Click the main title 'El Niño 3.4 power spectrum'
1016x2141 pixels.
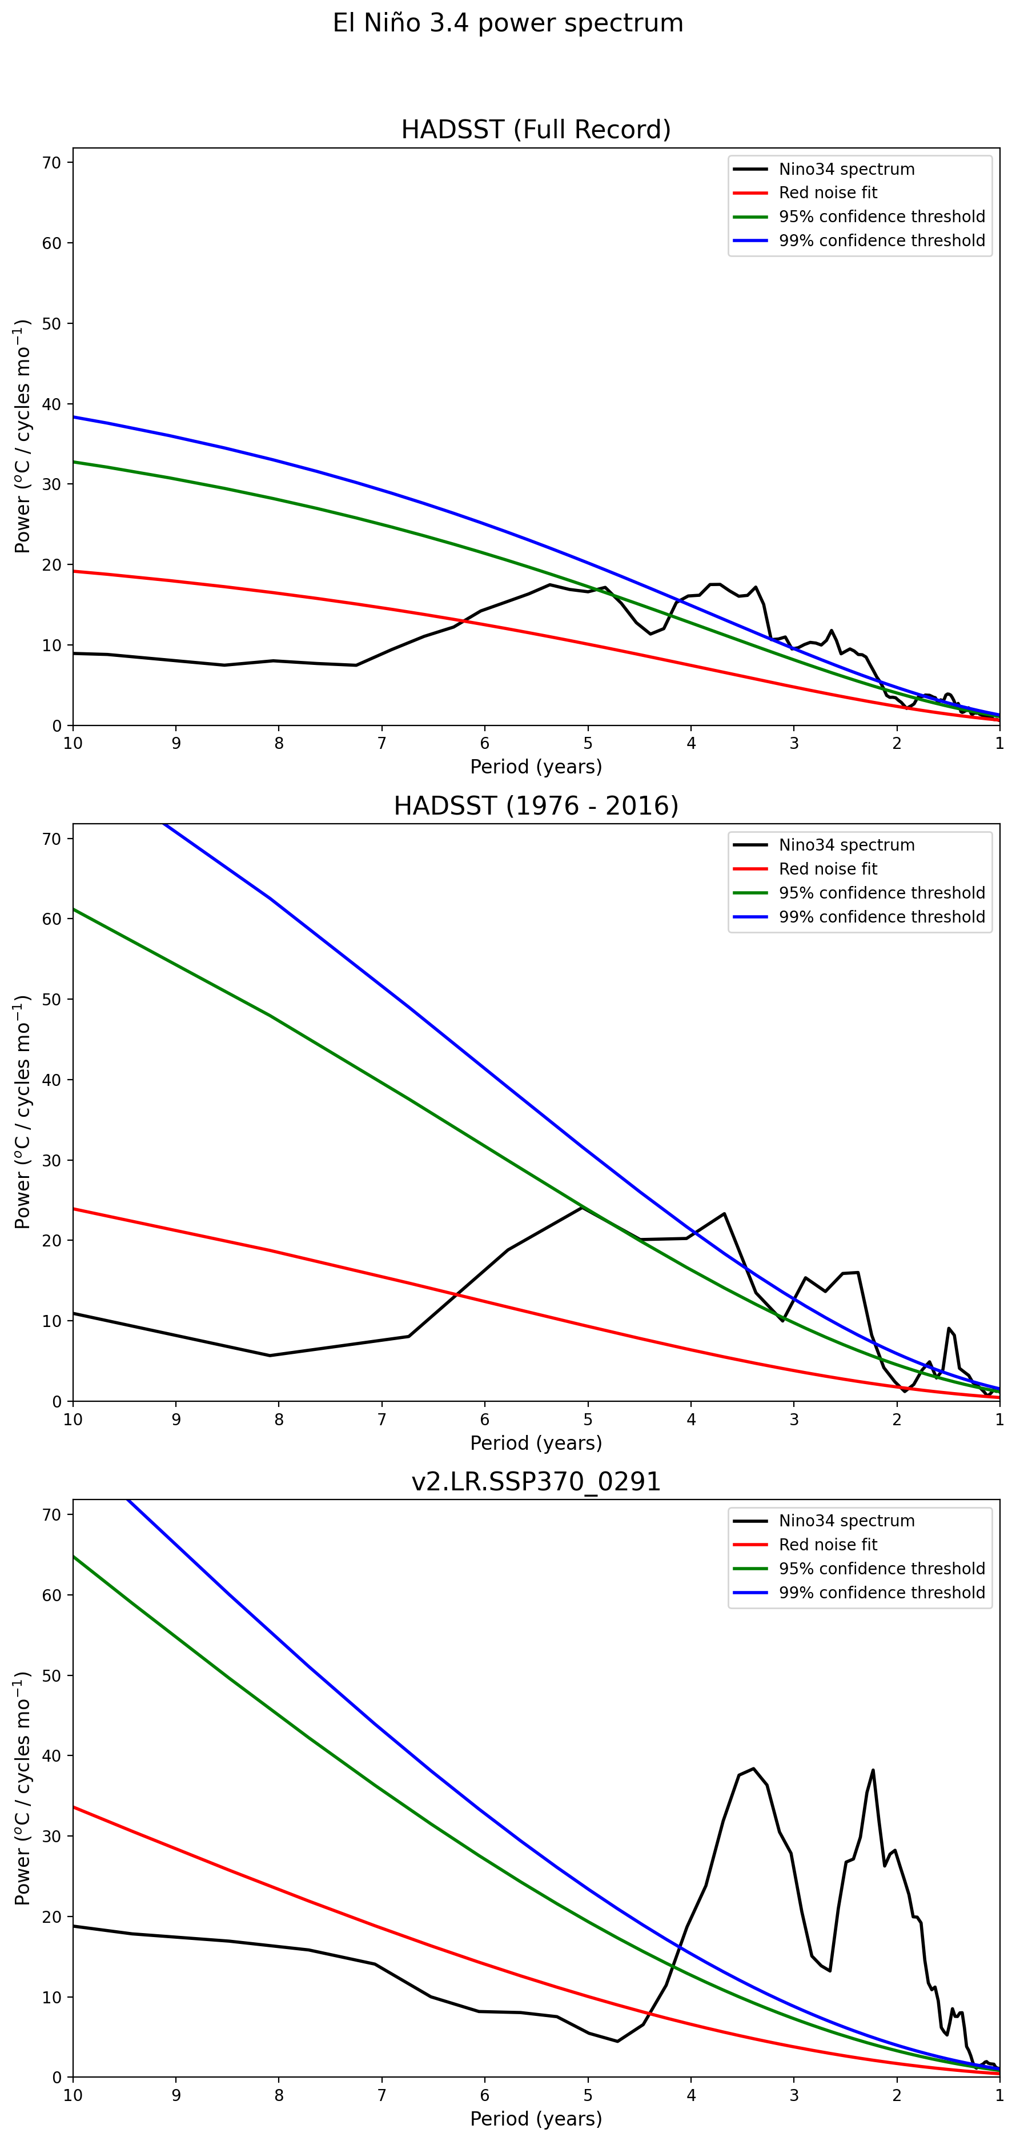coord(508,23)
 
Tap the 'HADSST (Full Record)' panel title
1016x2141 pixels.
coord(536,130)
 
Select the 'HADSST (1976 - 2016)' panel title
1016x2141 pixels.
coord(536,805)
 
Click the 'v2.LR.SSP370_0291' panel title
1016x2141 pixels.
coord(536,1481)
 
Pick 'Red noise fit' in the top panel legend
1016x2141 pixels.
coord(828,193)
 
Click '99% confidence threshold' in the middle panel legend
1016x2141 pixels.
coord(881,917)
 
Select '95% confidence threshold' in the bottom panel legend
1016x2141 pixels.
coord(881,1569)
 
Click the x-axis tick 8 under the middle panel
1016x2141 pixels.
coord(279,1420)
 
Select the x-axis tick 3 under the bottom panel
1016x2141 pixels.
coord(794,2095)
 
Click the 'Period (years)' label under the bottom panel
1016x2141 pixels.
coord(536,2119)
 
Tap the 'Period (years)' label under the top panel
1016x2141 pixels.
coord(536,766)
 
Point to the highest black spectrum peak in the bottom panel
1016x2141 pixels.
coord(753,1768)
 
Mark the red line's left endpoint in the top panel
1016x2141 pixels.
coord(74,571)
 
